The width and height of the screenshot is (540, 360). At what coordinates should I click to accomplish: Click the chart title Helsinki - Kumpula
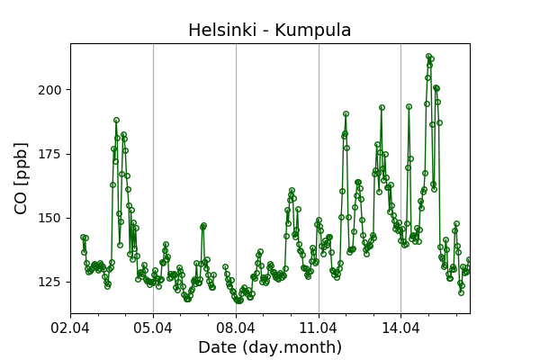270,31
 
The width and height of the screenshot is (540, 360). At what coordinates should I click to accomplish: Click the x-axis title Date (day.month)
270,347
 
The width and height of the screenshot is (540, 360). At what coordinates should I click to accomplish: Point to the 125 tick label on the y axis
52,283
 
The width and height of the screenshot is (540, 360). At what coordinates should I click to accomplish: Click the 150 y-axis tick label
52,218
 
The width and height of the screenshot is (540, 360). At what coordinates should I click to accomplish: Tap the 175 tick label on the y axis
52,154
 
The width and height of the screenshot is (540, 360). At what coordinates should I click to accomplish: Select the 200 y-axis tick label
52,90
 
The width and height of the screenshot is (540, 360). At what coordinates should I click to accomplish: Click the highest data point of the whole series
429,56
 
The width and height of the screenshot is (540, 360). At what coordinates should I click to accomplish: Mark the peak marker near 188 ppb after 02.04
116,120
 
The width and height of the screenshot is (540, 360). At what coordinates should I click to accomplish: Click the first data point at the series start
83,237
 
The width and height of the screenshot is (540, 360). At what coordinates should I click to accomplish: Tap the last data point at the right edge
469,260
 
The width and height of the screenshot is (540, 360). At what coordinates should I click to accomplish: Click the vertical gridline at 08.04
236,180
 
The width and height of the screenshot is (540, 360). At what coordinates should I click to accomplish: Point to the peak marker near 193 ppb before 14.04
382,107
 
